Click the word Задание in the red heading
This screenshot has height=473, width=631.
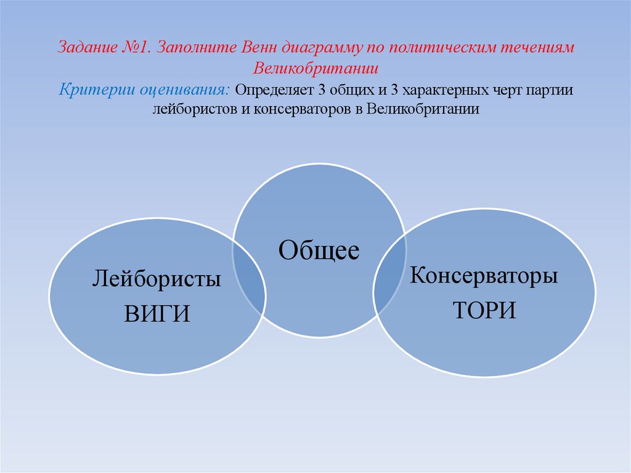[86, 48]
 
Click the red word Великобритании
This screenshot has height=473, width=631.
[315, 68]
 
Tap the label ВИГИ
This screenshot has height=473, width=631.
[157, 313]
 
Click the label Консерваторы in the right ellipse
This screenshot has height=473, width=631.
[484, 275]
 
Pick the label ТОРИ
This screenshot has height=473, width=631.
[484, 310]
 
